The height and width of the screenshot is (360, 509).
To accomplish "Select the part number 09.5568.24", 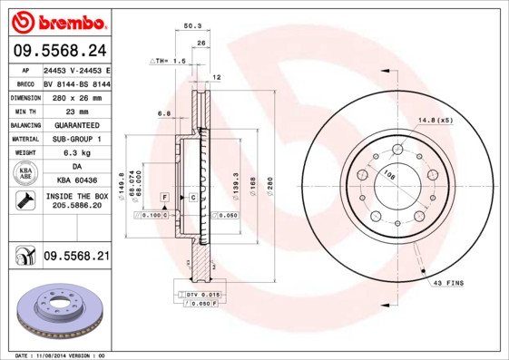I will pyautogui.click(x=59, y=51).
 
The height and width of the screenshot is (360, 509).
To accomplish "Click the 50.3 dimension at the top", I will pyautogui.click(x=192, y=27).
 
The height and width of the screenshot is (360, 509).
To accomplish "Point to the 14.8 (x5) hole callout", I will pyautogui.click(x=436, y=121).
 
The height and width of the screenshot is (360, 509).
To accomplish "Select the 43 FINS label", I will pyautogui.click(x=447, y=284).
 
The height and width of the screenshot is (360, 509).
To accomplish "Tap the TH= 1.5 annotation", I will pyautogui.click(x=168, y=61).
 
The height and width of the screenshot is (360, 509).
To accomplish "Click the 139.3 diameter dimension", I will pyautogui.click(x=235, y=185).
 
